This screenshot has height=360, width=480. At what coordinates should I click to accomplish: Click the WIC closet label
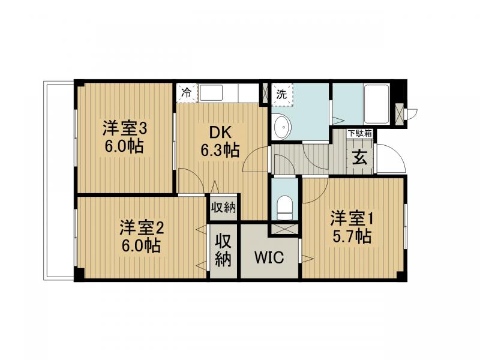(269, 257)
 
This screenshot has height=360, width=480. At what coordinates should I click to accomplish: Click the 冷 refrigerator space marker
(187, 93)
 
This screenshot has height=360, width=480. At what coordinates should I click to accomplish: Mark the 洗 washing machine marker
(281, 94)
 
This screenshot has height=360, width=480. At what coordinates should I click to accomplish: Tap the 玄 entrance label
(359, 159)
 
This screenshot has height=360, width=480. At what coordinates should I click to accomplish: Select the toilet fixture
(285, 206)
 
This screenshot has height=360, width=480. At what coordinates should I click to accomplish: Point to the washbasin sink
(281, 127)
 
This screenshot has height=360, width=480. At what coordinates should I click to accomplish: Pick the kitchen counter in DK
(228, 93)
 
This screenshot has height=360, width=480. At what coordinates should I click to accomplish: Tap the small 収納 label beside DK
(224, 208)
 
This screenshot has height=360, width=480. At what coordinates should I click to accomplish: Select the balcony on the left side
(59, 180)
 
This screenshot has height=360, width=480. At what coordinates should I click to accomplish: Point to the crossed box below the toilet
(284, 229)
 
